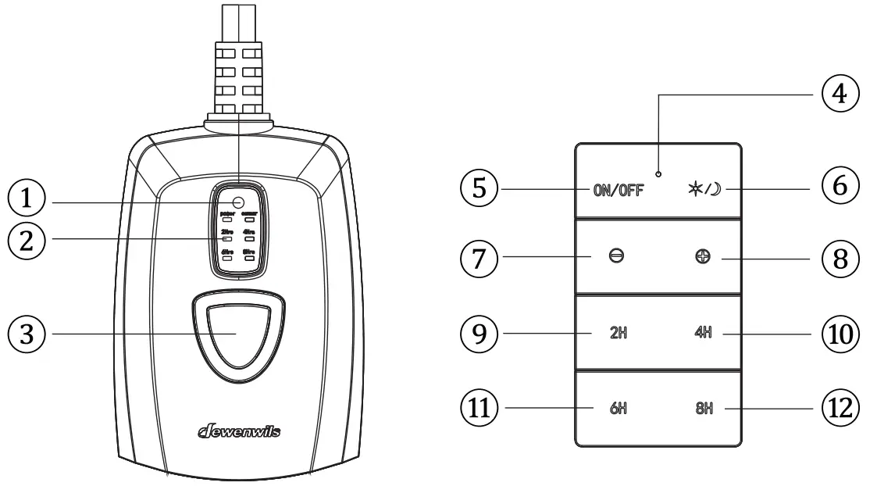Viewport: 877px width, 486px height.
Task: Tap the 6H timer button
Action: [x=618, y=408]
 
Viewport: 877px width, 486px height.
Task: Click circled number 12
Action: [x=839, y=407]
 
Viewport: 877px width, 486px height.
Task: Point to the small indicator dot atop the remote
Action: [x=658, y=173]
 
